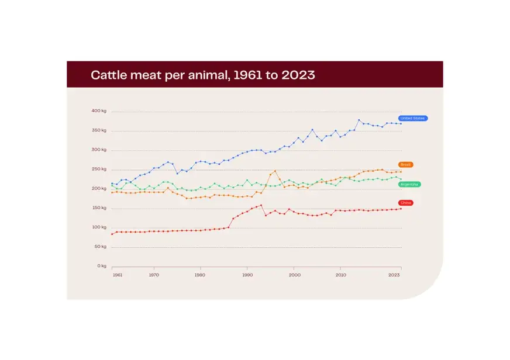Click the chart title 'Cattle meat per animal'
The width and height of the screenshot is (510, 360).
pos(202,75)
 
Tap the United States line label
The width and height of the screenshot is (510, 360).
pos(413,118)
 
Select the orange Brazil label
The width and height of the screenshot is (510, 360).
pos(406,165)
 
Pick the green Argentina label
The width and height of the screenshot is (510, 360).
pos(409,184)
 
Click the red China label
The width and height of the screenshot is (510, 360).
pos(406,203)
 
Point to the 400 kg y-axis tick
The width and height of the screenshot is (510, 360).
pos(99,111)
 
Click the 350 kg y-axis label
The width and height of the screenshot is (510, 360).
pos(99,130)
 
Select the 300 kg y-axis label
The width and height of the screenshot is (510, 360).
pos(99,150)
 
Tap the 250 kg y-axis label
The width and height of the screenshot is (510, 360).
pos(99,169)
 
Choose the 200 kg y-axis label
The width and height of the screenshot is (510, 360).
pos(99,188)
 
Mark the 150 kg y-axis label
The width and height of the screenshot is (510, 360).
pos(99,207)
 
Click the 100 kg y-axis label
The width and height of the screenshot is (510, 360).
pos(99,227)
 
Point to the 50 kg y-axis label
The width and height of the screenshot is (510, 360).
pos(100,247)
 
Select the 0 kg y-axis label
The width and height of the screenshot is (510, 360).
pos(101,266)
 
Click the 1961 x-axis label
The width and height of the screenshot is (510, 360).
pos(117,275)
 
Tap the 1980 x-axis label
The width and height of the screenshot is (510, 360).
pos(200,275)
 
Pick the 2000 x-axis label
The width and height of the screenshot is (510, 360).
pos(294,275)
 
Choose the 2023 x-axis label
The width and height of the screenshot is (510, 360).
pos(395,275)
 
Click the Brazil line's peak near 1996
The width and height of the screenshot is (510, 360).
pos(275,171)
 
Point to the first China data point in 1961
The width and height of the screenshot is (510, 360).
pos(112,234)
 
